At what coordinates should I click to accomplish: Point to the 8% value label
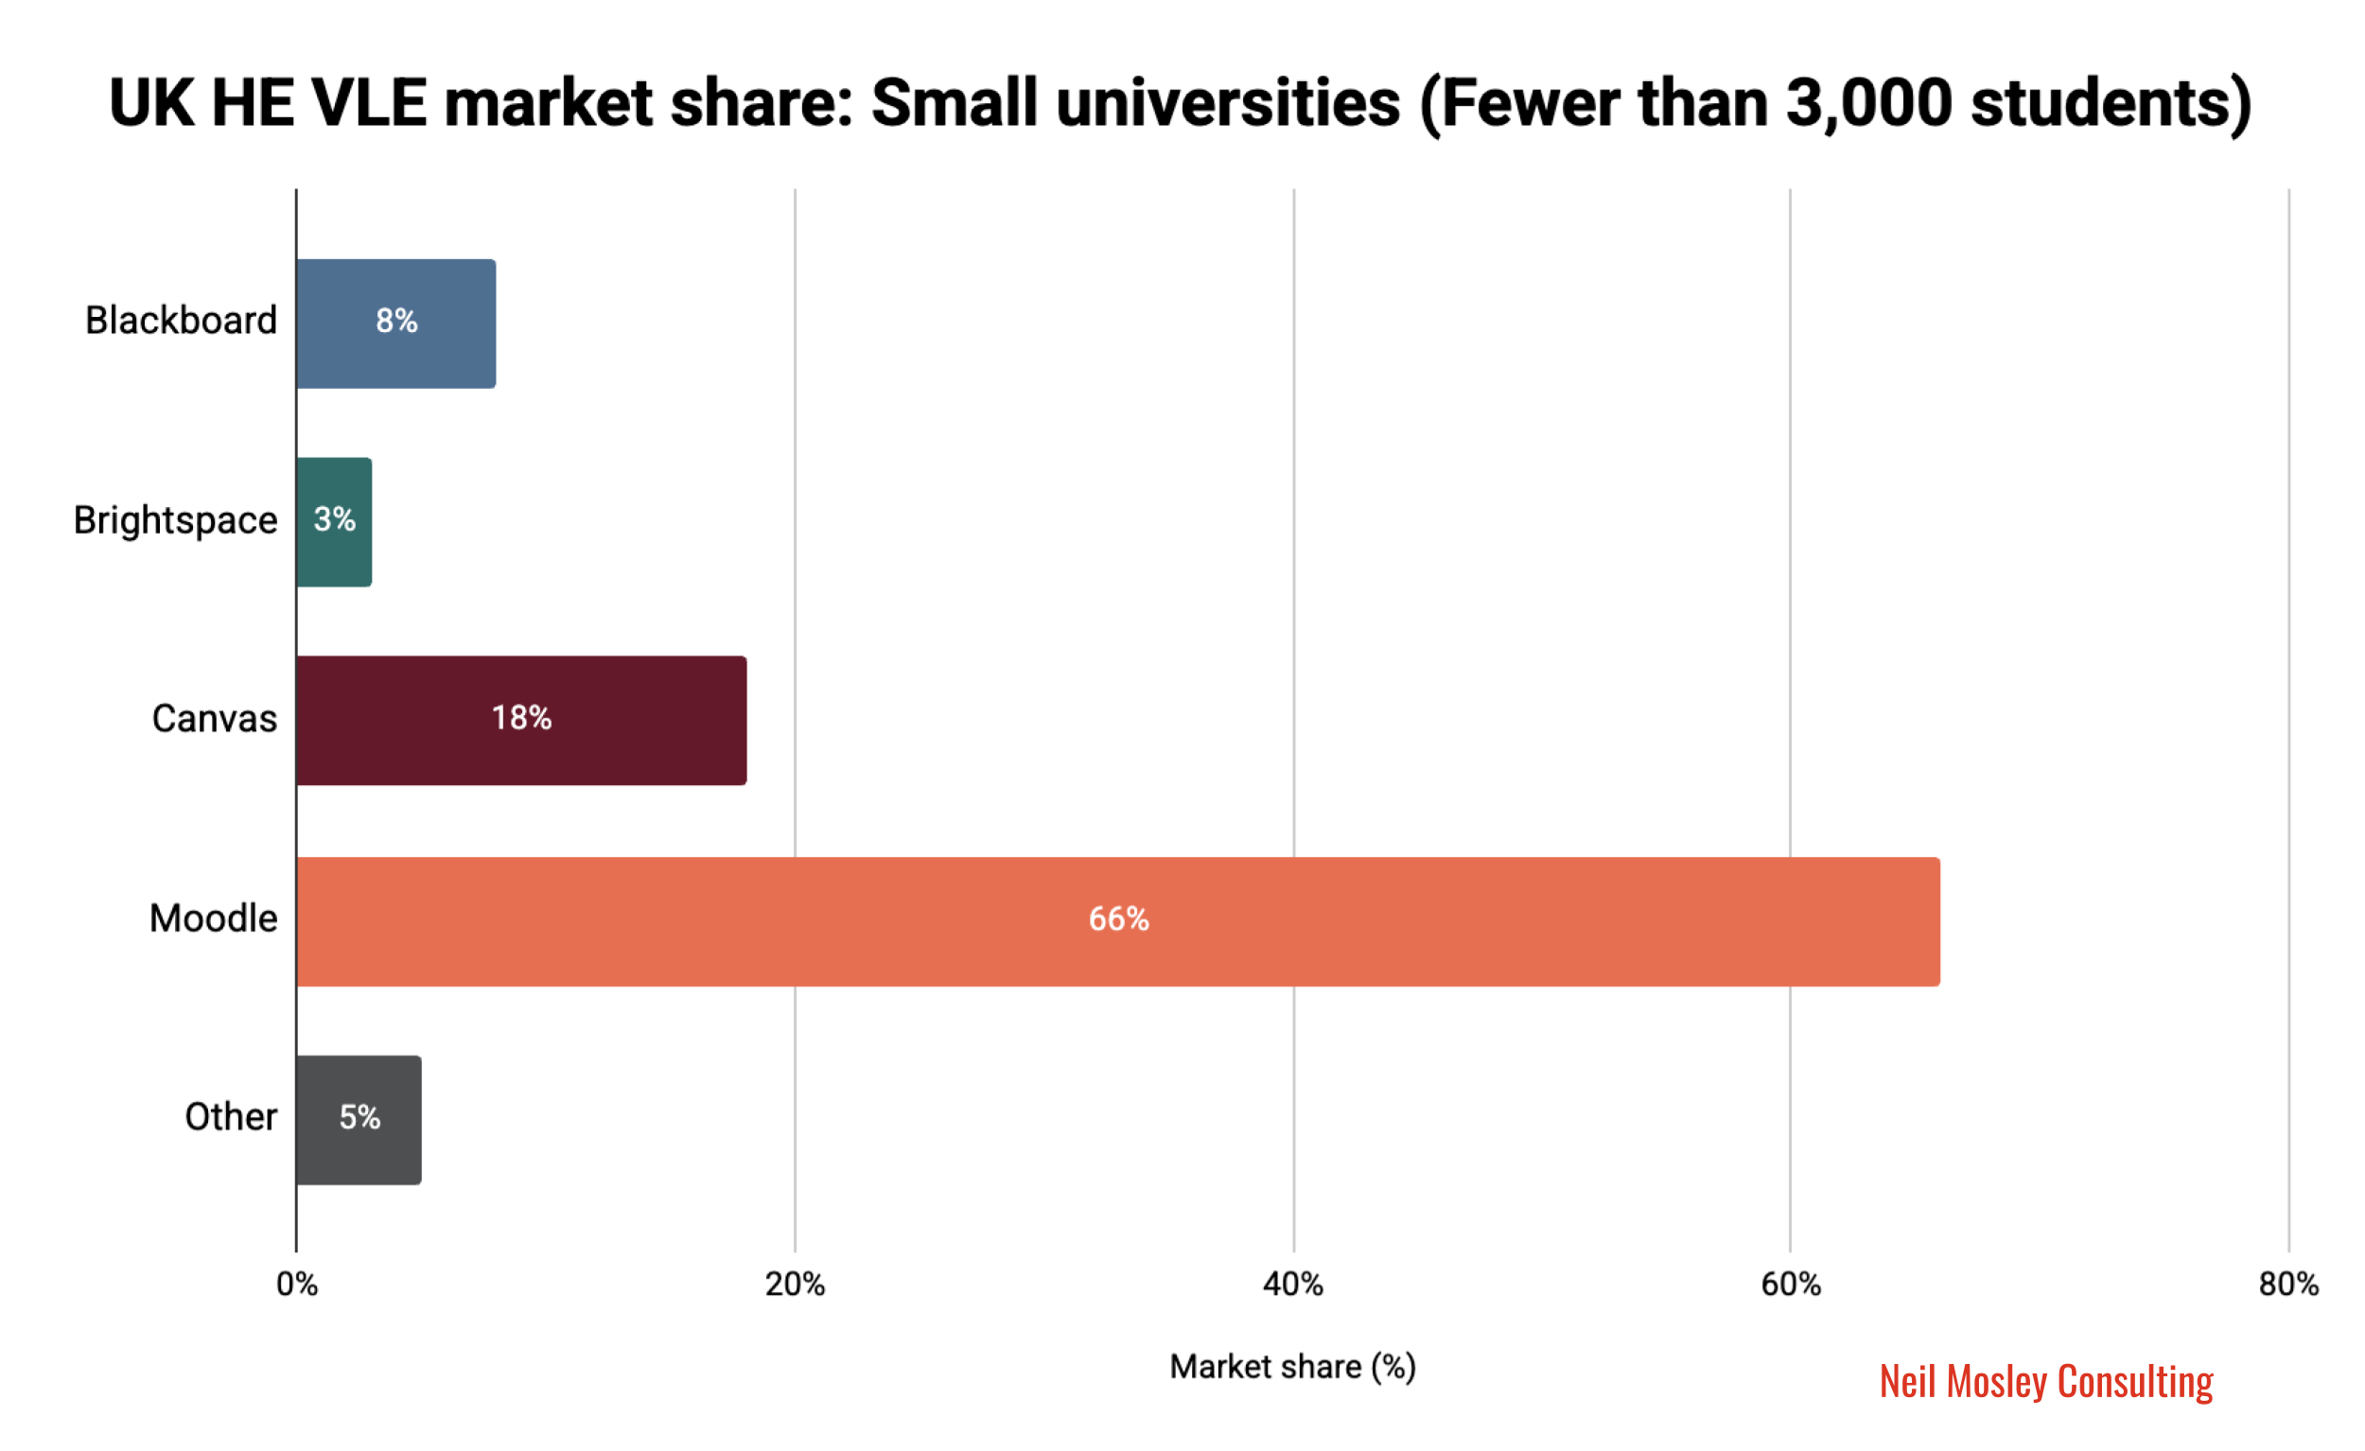(x=396, y=321)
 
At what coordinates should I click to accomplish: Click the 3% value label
(x=334, y=519)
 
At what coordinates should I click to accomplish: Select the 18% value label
(x=521, y=717)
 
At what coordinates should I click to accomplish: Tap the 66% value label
(x=1118, y=918)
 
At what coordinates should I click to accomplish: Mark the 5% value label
(x=359, y=1117)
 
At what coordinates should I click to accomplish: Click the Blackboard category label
(x=181, y=321)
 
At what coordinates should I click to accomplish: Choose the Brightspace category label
(x=175, y=520)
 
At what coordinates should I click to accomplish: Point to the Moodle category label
(x=213, y=918)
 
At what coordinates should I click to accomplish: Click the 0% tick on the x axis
(x=297, y=1284)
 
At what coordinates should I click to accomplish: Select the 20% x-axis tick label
(x=795, y=1284)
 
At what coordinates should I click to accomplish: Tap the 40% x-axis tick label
(x=1293, y=1284)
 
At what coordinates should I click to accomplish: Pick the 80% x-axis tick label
(x=2288, y=1284)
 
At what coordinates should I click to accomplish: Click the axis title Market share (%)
(x=1292, y=1367)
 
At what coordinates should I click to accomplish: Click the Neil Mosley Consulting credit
(x=2045, y=1382)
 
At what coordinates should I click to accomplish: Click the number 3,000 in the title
(x=1867, y=103)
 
